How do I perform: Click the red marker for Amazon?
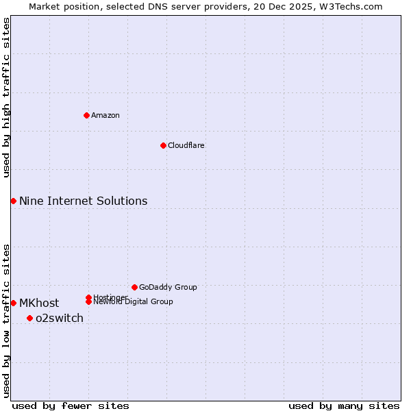86,115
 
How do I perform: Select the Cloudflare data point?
163,145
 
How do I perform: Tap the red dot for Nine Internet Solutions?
13,201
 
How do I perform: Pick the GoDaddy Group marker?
134,287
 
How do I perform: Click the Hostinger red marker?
88,297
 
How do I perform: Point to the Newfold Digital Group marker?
88,301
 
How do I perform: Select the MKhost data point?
13,303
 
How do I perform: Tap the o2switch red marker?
29,318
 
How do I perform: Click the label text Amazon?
105,115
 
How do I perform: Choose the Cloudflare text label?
186,145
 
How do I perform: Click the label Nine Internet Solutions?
83,201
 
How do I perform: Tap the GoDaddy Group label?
168,287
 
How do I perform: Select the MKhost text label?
39,303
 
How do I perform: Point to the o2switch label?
60,318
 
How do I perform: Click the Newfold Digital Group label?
133,302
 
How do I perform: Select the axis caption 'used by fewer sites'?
71,406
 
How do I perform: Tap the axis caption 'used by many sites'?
344,406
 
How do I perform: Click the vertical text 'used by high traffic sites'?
6,97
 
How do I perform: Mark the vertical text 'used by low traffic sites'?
6,320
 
